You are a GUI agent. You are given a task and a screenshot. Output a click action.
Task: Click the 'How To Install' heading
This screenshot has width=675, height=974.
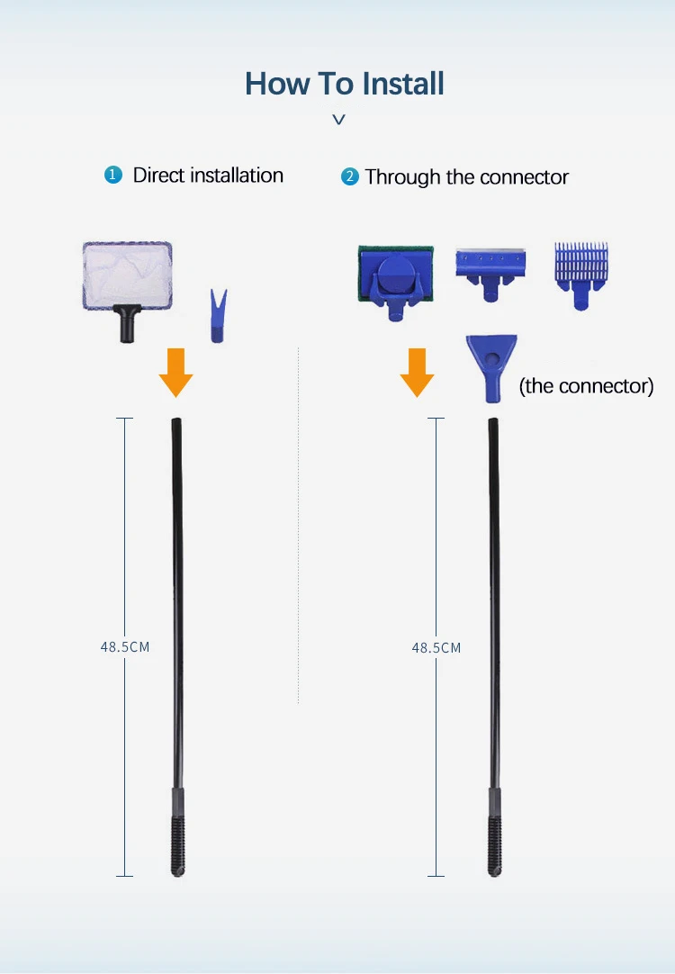[345, 84]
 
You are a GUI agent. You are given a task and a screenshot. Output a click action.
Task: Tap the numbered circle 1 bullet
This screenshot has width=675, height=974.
[112, 176]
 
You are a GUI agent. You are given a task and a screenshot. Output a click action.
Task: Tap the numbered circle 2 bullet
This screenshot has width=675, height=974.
[349, 177]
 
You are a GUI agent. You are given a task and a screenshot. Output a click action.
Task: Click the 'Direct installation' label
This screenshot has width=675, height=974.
[208, 176]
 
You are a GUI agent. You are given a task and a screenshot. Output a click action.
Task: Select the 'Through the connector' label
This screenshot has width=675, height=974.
[466, 177]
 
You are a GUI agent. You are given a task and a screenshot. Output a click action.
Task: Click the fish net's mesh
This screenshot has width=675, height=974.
[127, 274]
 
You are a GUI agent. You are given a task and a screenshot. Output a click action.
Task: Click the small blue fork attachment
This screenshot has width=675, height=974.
[217, 316]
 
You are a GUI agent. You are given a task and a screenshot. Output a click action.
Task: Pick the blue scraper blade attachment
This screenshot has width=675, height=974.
[490, 269]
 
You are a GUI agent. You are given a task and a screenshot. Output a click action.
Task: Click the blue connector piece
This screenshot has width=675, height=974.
[490, 365]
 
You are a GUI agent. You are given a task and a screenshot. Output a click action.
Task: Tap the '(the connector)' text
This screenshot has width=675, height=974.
[586, 386]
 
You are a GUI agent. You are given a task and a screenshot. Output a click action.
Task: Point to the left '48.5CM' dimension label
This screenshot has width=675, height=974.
[125, 646]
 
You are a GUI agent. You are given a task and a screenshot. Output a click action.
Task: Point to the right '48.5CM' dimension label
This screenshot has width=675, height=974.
[436, 647]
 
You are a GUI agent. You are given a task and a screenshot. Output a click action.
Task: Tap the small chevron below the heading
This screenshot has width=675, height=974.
[338, 119]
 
